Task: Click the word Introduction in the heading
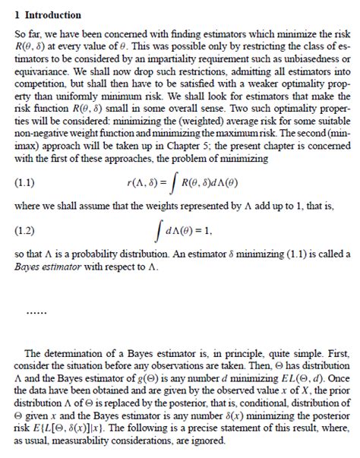[52, 14]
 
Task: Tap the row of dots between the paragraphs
[36, 311]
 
